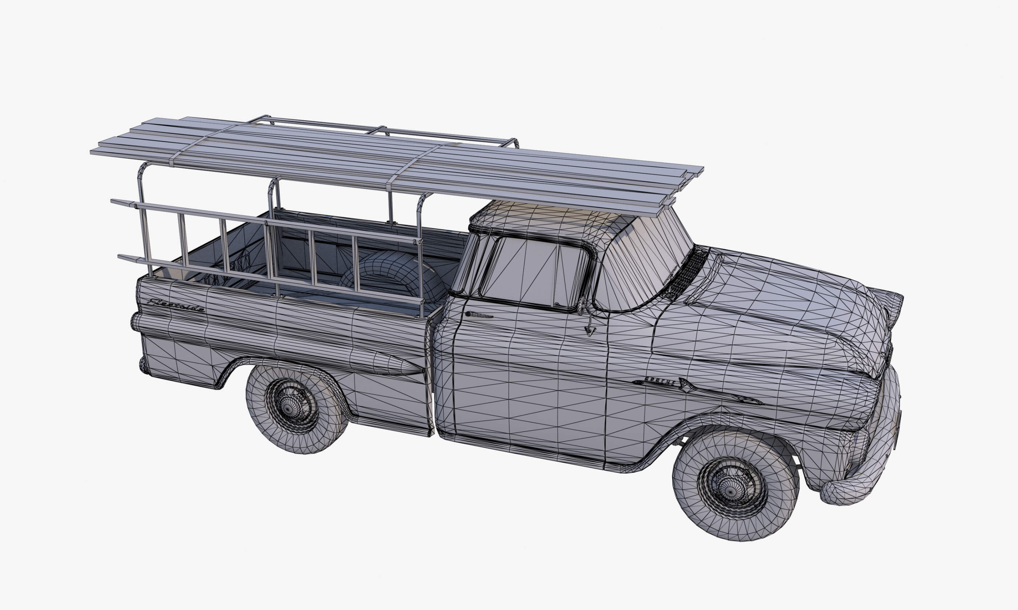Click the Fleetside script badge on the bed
(176, 305)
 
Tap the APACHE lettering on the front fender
(660, 381)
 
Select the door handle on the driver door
(478, 315)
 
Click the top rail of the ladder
(263, 221)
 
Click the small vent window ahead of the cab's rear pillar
(465, 263)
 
